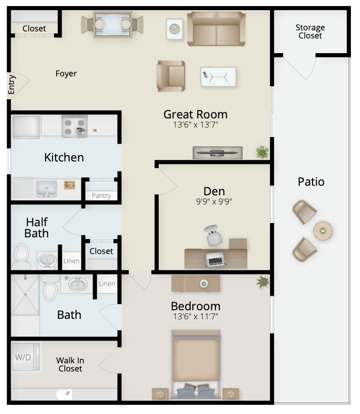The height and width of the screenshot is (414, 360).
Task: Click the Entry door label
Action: tap(11, 85)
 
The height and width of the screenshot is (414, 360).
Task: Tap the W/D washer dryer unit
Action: tap(26, 357)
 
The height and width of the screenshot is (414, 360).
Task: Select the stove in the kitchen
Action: tap(75, 126)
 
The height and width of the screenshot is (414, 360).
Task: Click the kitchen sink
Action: tap(47, 189)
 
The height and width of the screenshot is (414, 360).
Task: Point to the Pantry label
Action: tap(101, 196)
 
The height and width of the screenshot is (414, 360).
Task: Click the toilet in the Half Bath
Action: tap(21, 257)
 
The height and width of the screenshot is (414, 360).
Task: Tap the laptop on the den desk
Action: tap(216, 259)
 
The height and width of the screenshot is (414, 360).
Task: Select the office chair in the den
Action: tap(213, 235)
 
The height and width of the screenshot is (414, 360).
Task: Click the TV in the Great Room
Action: tap(217, 153)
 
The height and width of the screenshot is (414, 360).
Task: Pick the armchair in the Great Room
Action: tap(171, 76)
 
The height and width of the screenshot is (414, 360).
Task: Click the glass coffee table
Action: tap(218, 77)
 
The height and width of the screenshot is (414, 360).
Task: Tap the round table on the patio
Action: tap(323, 231)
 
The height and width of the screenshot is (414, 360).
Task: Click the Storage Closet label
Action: tap(310, 31)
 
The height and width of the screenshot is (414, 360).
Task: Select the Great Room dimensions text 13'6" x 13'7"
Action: tap(196, 125)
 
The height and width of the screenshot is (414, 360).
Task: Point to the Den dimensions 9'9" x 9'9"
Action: tap(214, 201)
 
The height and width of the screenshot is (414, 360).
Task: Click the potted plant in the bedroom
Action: tap(263, 282)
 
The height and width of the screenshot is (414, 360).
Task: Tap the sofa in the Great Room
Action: tap(216, 29)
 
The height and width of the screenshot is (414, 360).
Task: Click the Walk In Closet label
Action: tap(70, 364)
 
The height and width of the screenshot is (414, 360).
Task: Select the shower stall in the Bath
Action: tap(25, 295)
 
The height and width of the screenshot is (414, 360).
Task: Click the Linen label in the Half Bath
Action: tap(71, 261)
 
